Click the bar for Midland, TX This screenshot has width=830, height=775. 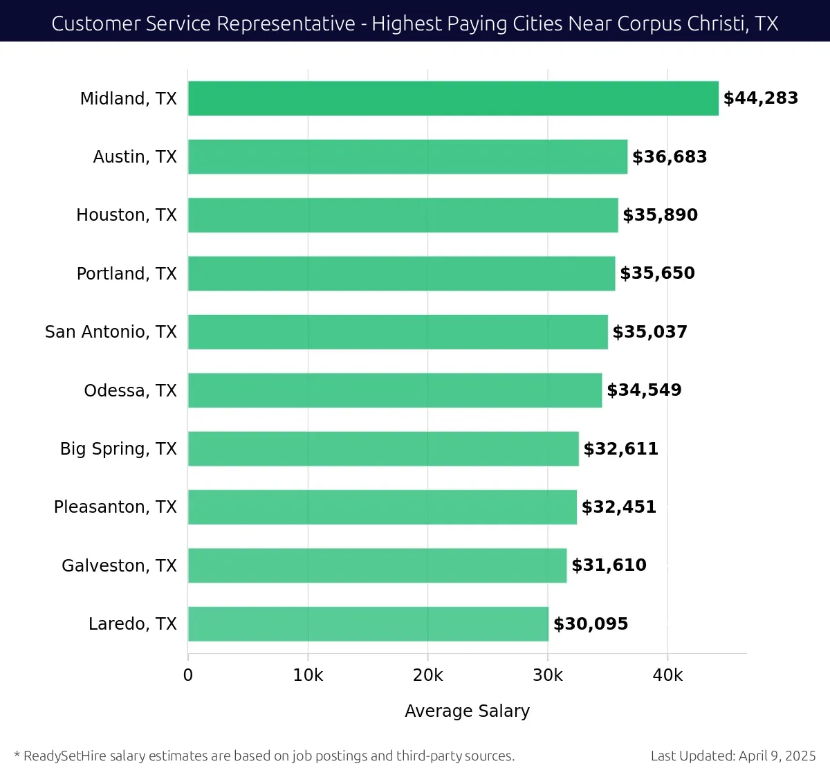(453, 98)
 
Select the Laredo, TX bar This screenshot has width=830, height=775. (368, 624)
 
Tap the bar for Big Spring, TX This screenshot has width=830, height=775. (383, 448)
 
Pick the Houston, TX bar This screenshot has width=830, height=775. (403, 215)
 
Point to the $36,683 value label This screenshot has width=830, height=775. (670, 157)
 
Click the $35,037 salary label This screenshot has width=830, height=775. (649, 332)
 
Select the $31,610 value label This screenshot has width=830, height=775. (609, 565)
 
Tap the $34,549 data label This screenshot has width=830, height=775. (644, 390)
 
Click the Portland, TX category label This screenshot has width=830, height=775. (127, 274)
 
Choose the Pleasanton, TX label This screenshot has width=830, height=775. (116, 507)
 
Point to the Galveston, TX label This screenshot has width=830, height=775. (119, 566)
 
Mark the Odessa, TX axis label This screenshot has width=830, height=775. (130, 391)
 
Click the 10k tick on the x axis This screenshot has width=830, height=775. (308, 675)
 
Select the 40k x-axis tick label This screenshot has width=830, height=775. (667, 675)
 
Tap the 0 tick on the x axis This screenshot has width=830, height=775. (188, 675)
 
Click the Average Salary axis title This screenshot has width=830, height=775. (467, 711)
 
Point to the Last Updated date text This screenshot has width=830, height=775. (733, 756)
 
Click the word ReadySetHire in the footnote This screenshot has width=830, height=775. (65, 756)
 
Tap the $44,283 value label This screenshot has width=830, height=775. (760, 98)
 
